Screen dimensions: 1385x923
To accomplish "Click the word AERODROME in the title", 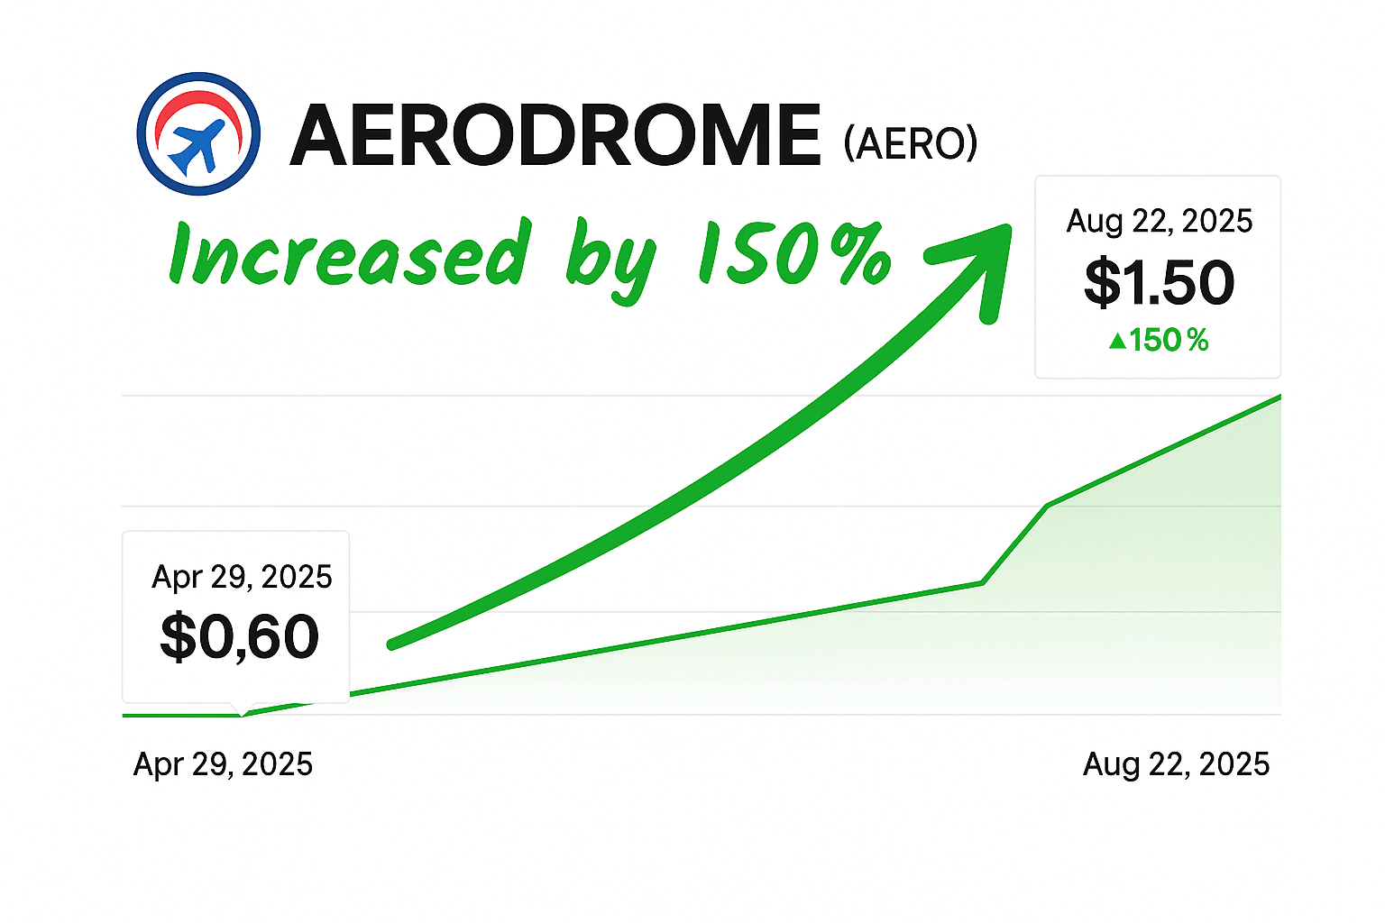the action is point(555,134).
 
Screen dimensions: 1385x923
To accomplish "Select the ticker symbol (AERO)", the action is point(910,142).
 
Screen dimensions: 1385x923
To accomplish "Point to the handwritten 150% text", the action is point(795,253).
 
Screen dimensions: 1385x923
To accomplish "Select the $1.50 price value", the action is point(1159,282).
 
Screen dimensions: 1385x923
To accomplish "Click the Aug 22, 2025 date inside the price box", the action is point(1159,222).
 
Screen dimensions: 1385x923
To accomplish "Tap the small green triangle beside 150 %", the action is point(1117,341).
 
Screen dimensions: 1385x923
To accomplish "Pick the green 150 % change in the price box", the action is point(1159,340).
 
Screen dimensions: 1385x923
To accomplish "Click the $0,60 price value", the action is point(239,636).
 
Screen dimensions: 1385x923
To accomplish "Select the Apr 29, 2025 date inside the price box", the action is point(242,577).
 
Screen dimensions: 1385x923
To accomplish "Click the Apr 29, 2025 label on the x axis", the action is point(223,764).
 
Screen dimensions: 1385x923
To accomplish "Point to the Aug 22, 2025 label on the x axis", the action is point(1176,764).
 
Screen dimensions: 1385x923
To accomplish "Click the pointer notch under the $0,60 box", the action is point(242,710).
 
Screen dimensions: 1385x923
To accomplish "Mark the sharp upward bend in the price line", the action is point(983,582).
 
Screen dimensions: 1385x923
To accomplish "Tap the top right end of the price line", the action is point(1280,397).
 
